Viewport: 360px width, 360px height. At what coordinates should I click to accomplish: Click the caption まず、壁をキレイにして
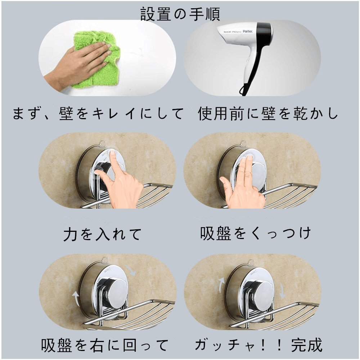click(98, 114)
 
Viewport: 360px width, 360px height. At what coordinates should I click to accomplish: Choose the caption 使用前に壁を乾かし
click(268, 114)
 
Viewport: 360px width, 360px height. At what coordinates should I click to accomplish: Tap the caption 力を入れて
click(102, 234)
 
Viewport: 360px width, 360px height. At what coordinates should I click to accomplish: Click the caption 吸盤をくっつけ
click(255, 233)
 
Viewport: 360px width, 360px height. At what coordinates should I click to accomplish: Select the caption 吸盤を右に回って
click(104, 345)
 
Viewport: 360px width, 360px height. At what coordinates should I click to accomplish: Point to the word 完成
click(307, 345)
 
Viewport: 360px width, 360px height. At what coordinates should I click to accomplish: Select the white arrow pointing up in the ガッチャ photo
click(221, 285)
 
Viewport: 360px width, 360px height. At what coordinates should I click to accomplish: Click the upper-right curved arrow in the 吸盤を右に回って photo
click(131, 270)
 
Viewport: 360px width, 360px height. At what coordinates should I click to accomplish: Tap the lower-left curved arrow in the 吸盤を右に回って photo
click(76, 298)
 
